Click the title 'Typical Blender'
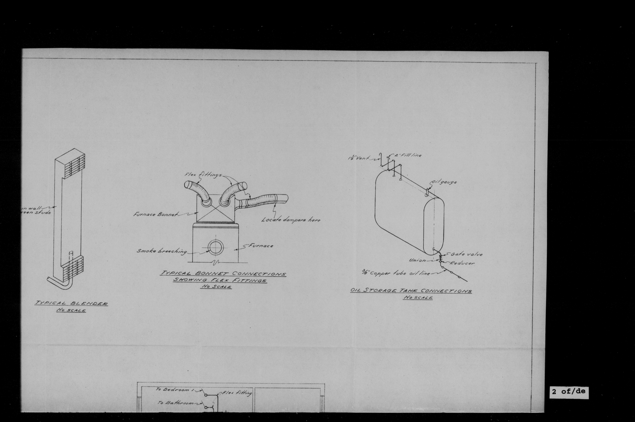pos(71,303)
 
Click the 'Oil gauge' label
pos(444,182)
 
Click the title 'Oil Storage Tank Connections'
pos(411,291)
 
